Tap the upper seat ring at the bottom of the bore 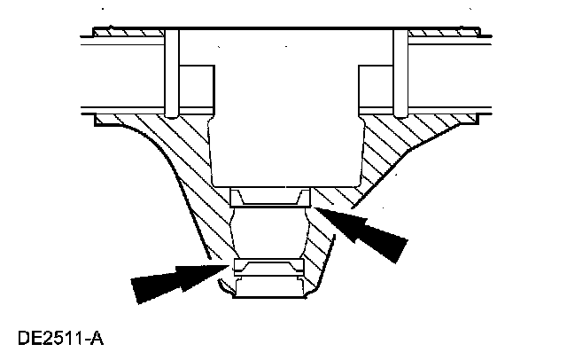point(268,195)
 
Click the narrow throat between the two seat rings point(268,232)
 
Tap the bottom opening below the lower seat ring point(268,288)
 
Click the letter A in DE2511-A point(98,339)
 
